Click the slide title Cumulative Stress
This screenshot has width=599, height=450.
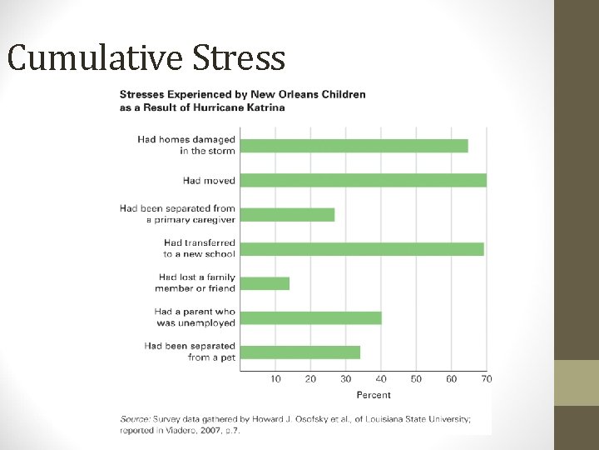(146, 58)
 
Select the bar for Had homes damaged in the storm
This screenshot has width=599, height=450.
(354, 146)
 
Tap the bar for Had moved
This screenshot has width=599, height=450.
(364, 180)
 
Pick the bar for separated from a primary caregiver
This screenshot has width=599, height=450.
(288, 214)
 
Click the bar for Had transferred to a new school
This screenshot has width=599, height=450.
(362, 248)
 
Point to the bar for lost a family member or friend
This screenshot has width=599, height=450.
(265, 283)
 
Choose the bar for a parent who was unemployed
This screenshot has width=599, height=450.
(311, 317)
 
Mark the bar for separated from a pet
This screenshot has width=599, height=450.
(300, 352)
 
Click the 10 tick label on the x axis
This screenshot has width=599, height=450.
(275, 379)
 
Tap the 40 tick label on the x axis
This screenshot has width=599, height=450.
(381, 379)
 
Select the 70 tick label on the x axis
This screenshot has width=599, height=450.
(487, 379)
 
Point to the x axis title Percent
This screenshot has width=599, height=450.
(374, 394)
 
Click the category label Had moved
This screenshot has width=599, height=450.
(209, 180)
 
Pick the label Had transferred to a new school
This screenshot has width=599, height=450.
(200, 248)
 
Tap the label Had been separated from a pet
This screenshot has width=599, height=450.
(190, 352)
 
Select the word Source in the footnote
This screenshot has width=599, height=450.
(135, 419)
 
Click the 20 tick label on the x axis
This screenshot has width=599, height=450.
(310, 379)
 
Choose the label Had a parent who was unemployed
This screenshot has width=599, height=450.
(195, 317)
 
